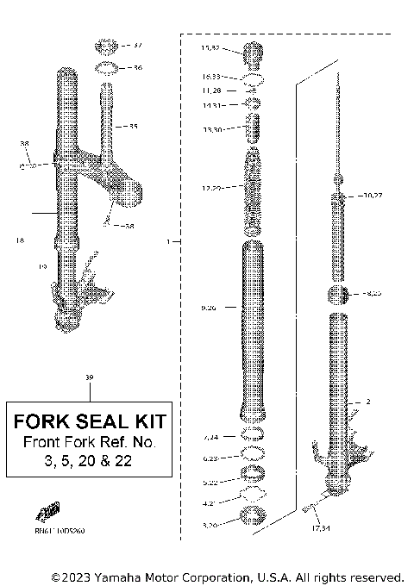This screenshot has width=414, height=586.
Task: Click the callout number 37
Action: point(138,45)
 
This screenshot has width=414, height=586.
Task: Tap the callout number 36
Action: point(137,67)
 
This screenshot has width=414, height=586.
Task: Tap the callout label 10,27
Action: point(373,196)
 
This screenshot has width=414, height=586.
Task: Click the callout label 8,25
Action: point(373,294)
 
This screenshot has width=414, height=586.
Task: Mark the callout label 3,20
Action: point(210,522)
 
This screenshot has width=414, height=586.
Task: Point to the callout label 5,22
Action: point(210,482)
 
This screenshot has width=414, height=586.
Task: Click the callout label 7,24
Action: point(210,438)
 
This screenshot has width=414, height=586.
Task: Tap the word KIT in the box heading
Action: point(152,423)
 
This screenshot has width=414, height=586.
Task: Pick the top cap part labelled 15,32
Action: point(254,52)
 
